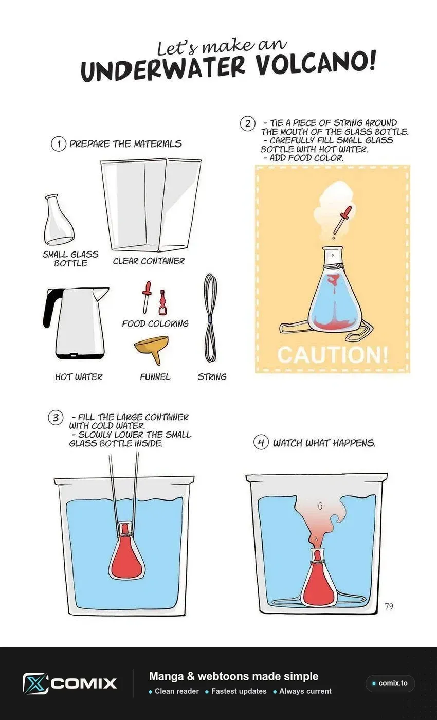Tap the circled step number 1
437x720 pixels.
point(59,144)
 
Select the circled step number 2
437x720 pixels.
point(248,124)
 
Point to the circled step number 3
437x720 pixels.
point(56,418)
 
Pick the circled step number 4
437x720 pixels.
point(261,443)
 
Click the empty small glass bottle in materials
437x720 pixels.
point(58,219)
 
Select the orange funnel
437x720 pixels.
point(152,349)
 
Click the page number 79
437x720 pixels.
point(389,606)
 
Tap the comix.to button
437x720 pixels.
point(390,683)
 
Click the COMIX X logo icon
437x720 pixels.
point(35,683)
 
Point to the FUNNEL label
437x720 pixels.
point(155,376)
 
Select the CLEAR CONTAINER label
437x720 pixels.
point(149,261)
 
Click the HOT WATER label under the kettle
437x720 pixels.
point(79,376)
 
